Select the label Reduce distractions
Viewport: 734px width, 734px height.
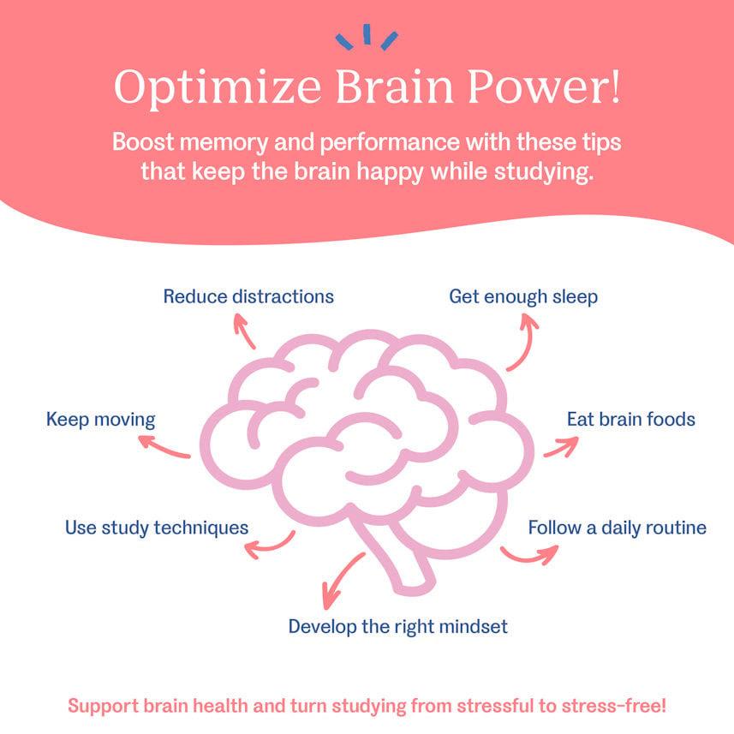(248, 297)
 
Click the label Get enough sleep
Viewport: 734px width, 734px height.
(523, 297)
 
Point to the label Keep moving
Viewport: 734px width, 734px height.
(100, 420)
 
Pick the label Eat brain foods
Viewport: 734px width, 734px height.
(631, 420)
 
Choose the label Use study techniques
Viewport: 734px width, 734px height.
(157, 527)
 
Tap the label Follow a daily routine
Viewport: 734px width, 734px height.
(617, 527)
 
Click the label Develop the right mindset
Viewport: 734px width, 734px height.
(397, 626)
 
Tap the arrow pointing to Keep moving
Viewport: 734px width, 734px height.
(164, 446)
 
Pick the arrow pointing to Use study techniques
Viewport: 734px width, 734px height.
(276, 541)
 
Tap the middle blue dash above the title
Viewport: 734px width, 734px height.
(367, 33)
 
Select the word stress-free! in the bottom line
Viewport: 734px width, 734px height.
(610, 707)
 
